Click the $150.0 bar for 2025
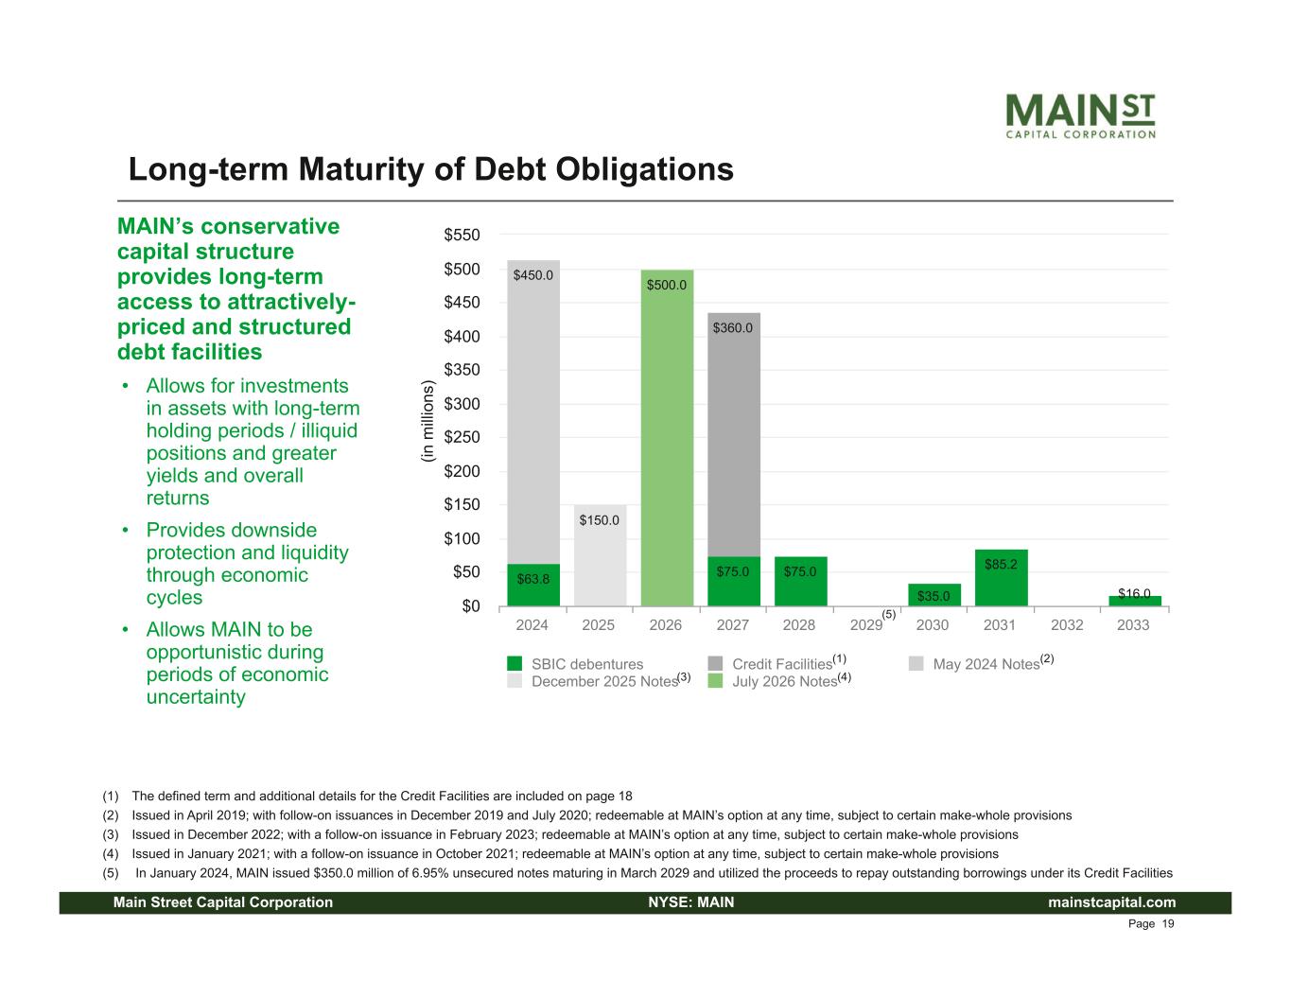[600, 555]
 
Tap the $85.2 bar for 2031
[1001, 578]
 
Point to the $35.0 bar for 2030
[933, 595]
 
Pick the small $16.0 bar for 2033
[1134, 601]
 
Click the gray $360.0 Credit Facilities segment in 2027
[733, 435]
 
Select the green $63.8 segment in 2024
[533, 585]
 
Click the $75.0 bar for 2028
[800, 581]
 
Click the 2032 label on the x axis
[1067, 625]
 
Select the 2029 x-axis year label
[866, 625]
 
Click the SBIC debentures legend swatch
[514, 664]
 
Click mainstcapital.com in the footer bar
[1112, 902]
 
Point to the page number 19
[1167, 924]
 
